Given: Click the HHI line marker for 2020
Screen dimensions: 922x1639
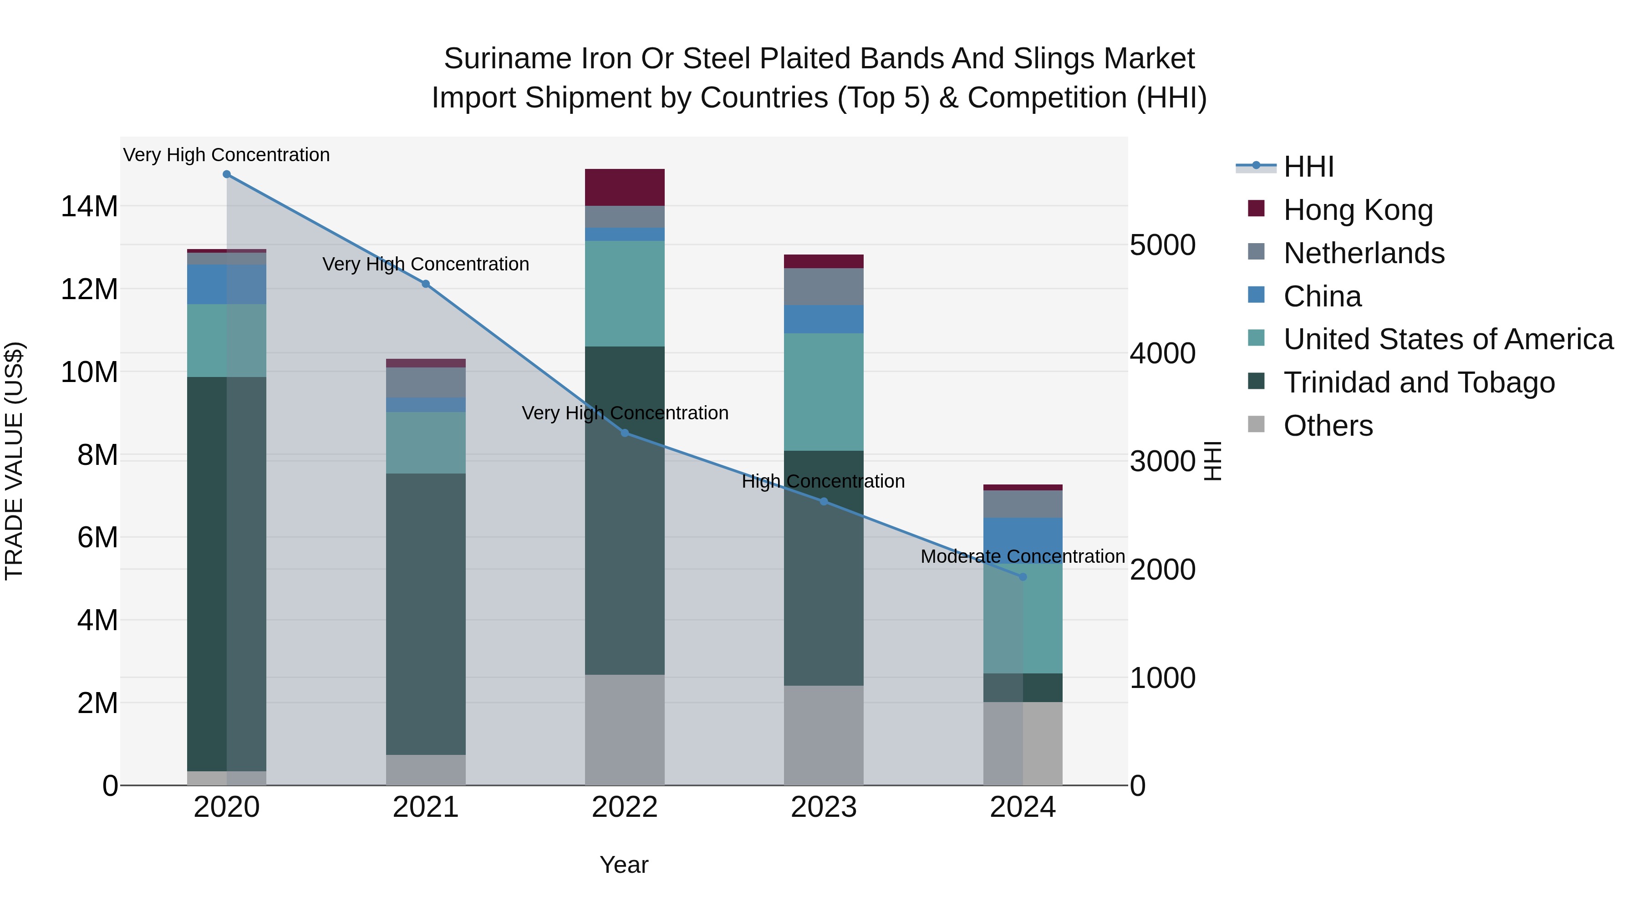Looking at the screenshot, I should click(x=227, y=174).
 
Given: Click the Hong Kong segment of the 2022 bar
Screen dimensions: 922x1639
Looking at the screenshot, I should click(x=625, y=187).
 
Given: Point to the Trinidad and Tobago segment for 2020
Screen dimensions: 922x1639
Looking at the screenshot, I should click(x=227, y=573).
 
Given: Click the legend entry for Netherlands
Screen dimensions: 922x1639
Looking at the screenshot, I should click(x=1364, y=253).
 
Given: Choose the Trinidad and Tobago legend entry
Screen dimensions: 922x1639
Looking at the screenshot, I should click(x=1419, y=382).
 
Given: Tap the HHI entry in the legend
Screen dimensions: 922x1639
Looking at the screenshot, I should click(x=1308, y=167).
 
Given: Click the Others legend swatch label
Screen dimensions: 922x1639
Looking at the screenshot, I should click(x=1328, y=426).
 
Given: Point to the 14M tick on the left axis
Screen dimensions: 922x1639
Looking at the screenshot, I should click(x=89, y=207).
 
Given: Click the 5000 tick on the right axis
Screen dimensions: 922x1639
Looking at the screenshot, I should click(x=1162, y=245).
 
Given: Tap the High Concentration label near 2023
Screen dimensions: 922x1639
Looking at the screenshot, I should click(x=823, y=481).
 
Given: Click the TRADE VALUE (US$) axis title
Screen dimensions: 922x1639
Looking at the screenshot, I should click(x=14, y=461).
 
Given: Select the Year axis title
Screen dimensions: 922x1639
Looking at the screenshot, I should click(x=624, y=865).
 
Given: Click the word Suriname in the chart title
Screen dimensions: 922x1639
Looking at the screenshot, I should click(x=506, y=59).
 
